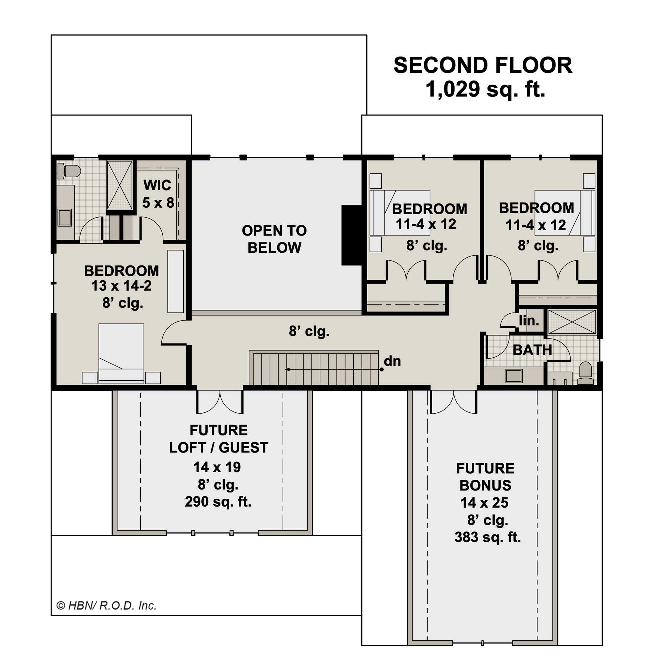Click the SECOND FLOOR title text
[483, 66]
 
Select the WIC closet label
[157, 185]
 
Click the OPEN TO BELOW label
[274, 239]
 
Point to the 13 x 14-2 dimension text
[122, 286]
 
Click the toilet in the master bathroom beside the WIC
[69, 171]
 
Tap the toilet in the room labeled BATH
[586, 373]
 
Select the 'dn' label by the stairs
[392, 361]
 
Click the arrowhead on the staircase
[287, 369]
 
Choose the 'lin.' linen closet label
[529, 321]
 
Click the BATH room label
[532, 350]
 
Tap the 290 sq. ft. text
[218, 502]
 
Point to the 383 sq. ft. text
[487, 537]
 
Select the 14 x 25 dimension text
[485, 503]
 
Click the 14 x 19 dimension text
[217, 467]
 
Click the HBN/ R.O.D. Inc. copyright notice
[107, 606]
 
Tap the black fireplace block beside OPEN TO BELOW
[351, 235]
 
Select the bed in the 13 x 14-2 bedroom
[121, 354]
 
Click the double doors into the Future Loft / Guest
[220, 402]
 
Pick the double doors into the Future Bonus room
[453, 402]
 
